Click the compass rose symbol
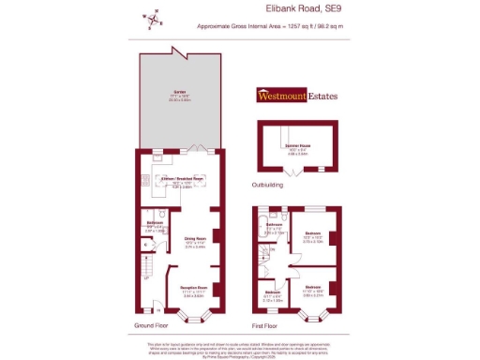coord(151,19)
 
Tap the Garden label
coord(178,93)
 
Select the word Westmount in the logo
coord(284,95)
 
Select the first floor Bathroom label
coord(275,225)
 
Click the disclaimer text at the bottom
coord(239,347)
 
